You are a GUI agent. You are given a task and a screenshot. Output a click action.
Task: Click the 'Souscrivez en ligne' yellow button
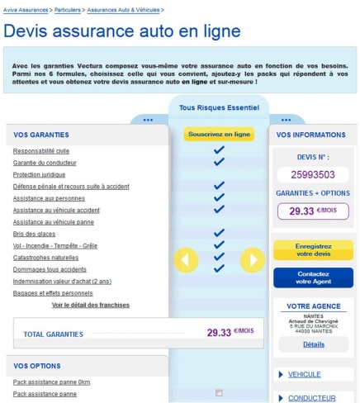(219, 133)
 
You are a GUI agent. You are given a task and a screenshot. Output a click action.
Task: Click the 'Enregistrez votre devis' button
(313, 250)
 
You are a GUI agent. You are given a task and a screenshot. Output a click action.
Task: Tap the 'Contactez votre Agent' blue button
(313, 277)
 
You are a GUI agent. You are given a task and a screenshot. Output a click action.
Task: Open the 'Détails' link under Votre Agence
(314, 344)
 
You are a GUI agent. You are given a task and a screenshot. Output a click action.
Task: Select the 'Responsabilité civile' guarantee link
(41, 151)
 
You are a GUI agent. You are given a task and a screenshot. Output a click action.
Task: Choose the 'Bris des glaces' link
(34, 234)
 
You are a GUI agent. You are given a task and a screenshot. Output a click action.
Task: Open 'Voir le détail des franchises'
(91, 305)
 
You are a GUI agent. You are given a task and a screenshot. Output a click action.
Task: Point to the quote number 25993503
(314, 174)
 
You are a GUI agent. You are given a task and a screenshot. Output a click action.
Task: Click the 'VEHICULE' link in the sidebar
(304, 374)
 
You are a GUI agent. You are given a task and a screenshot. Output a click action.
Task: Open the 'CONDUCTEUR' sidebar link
(311, 398)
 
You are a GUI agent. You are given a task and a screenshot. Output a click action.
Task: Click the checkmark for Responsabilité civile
(219, 151)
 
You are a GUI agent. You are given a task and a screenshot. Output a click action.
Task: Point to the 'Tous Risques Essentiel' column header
(219, 107)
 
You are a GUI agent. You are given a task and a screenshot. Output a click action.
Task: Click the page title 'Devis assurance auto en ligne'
(122, 31)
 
